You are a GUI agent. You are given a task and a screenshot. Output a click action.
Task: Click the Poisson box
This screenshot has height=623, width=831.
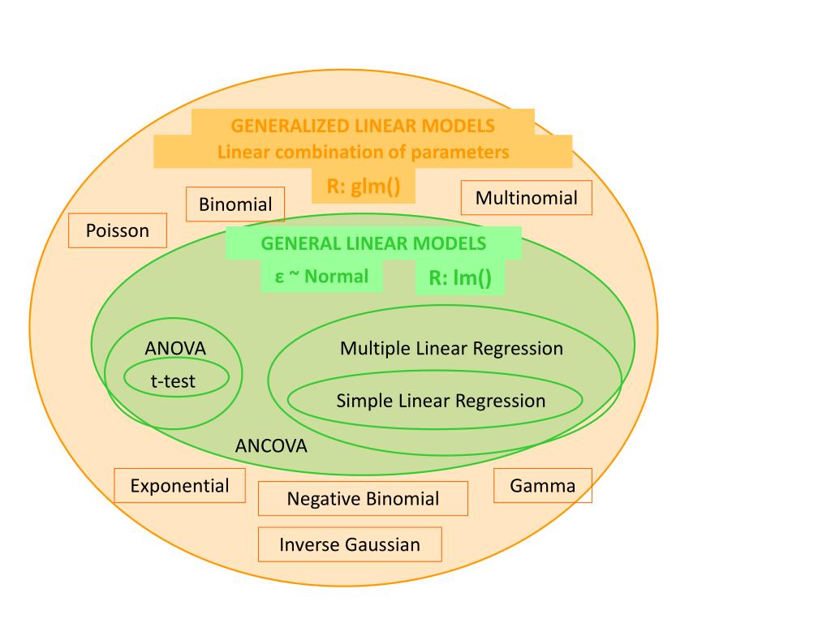pyautogui.click(x=118, y=230)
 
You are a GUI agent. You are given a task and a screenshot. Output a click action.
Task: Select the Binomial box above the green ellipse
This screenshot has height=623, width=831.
pyautogui.click(x=235, y=204)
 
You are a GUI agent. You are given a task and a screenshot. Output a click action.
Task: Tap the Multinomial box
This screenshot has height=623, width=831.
pyautogui.click(x=526, y=198)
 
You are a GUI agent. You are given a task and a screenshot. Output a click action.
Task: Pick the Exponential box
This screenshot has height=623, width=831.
pyautogui.click(x=179, y=486)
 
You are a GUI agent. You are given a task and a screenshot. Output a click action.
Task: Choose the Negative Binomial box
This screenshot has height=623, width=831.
pyautogui.click(x=363, y=499)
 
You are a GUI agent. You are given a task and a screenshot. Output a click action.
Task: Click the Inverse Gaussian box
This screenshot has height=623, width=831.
pyautogui.click(x=350, y=544)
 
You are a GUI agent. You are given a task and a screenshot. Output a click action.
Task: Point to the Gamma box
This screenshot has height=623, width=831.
pyautogui.click(x=542, y=486)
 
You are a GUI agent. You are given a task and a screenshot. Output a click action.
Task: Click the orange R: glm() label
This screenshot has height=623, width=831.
pyautogui.click(x=364, y=187)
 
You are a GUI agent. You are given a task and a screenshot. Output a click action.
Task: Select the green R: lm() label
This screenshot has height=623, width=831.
pyautogui.click(x=460, y=278)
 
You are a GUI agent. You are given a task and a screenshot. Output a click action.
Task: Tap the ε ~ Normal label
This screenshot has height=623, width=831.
pyautogui.click(x=321, y=277)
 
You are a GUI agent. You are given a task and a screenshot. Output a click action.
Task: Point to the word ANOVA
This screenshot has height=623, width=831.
pyautogui.click(x=175, y=349)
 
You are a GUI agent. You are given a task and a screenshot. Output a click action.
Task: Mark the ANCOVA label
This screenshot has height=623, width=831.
pyautogui.click(x=271, y=446)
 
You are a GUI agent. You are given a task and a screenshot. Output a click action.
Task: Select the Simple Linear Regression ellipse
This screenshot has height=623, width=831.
pyautogui.click(x=436, y=400)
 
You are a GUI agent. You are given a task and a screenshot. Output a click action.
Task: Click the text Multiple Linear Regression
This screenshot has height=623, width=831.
pyautogui.click(x=451, y=349)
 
